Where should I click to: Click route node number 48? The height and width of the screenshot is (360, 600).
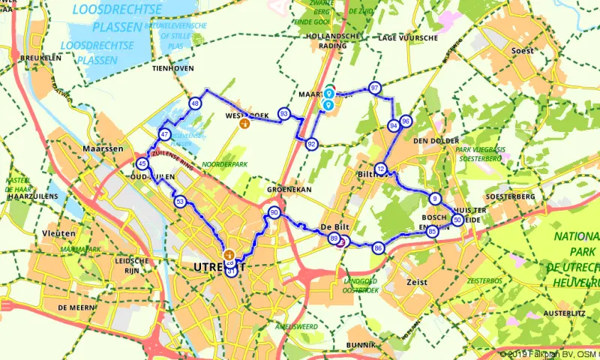click(x=195, y=103)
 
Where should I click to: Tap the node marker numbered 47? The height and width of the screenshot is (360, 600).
click(x=165, y=135)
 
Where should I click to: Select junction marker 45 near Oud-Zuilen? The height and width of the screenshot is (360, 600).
click(x=142, y=163)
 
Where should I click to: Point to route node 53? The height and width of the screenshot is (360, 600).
click(x=179, y=201)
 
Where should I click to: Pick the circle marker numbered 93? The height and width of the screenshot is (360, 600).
click(x=283, y=113)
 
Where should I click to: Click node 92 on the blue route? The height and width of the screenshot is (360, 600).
click(x=311, y=144)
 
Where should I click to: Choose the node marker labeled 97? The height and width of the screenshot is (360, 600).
click(x=375, y=88)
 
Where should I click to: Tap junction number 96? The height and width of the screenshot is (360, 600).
click(x=406, y=121)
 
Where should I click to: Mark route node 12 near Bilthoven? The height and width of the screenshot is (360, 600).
click(x=382, y=169)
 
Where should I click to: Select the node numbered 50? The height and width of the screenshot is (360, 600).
click(x=457, y=220)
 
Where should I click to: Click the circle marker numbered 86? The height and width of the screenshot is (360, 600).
click(x=378, y=247)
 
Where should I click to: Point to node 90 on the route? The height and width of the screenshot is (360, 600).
click(x=274, y=213)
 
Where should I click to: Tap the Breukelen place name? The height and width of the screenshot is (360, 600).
click(x=40, y=57)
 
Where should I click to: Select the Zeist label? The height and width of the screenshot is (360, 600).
click(x=416, y=282)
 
